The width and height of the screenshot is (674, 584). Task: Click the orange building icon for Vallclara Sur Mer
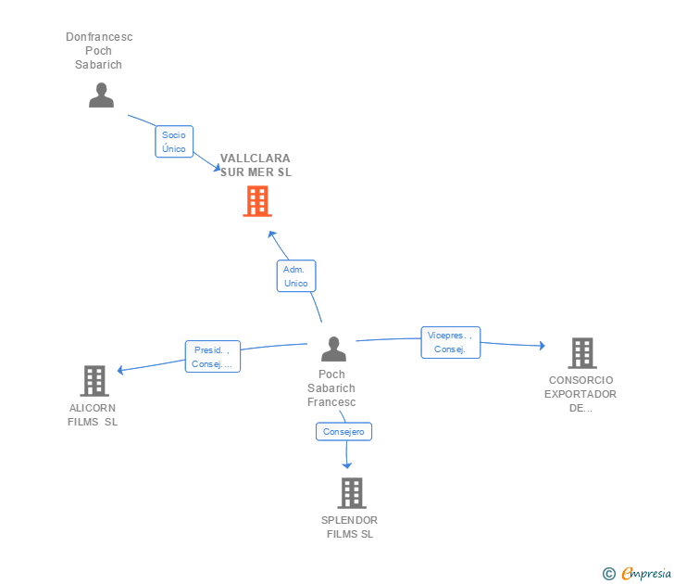coord(257,201)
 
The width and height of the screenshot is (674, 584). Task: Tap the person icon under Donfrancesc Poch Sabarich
coord(102,95)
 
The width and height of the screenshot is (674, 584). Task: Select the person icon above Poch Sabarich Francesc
coord(333,349)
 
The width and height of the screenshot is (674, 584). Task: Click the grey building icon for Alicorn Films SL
coord(94,381)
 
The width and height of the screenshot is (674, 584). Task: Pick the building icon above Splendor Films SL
coord(352,493)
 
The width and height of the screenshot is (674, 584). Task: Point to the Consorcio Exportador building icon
coord(582,353)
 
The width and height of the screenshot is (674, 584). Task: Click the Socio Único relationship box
coord(174,142)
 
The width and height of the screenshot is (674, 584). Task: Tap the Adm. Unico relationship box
coord(296,276)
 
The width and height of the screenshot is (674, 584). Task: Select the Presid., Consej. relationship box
coord(213,356)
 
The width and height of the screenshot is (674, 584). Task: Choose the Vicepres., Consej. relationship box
coord(451,342)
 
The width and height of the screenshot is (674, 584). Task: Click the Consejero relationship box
coord(343,432)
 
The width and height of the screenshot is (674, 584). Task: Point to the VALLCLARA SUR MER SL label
coord(256,165)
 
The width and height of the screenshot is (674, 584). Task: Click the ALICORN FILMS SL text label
coord(93,415)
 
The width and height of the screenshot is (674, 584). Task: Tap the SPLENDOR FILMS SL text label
coord(349,527)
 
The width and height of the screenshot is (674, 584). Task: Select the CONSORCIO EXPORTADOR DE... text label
coord(580,394)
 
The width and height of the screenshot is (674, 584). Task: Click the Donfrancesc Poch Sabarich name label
coord(99,51)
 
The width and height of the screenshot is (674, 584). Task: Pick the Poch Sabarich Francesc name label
coord(331,388)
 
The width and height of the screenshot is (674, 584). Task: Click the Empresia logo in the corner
coord(637,574)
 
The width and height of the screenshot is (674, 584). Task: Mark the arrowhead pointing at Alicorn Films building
coord(120,370)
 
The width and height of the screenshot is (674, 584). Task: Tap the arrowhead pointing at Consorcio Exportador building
coord(543,345)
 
